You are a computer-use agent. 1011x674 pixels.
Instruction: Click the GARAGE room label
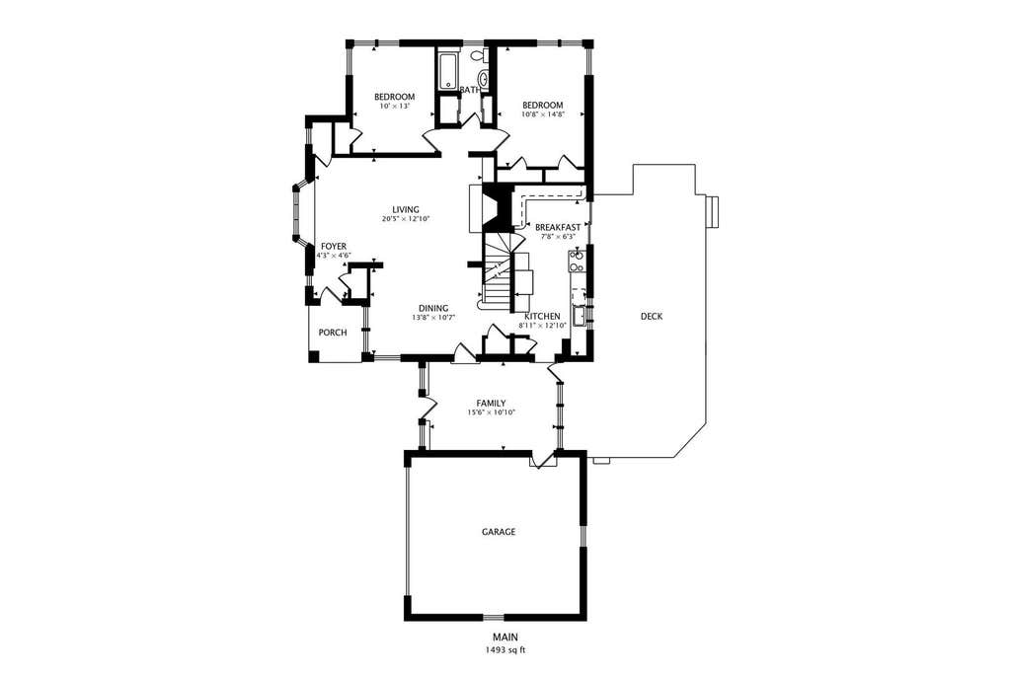pyautogui.click(x=499, y=532)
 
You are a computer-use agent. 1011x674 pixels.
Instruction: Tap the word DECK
pyautogui.click(x=652, y=317)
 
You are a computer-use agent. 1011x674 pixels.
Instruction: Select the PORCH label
pyautogui.click(x=333, y=333)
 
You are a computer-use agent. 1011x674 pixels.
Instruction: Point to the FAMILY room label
pyautogui.click(x=491, y=404)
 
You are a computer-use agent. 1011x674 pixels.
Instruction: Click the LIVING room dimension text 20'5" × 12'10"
pyautogui.click(x=406, y=218)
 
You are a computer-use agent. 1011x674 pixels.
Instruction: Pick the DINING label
pyautogui.click(x=433, y=309)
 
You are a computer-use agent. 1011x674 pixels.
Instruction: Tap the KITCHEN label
pyautogui.click(x=542, y=317)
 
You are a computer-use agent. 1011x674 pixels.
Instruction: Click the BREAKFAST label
pyautogui.click(x=558, y=227)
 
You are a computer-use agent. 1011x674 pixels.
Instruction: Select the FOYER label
pyautogui.click(x=334, y=247)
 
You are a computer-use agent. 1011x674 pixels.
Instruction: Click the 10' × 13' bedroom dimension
pyautogui.click(x=395, y=106)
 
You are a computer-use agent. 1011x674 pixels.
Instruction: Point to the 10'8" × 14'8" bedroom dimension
pyautogui.click(x=543, y=114)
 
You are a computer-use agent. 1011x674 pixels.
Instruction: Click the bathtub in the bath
pyautogui.click(x=448, y=72)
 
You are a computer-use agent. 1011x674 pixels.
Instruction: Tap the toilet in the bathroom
pyautogui.click(x=479, y=56)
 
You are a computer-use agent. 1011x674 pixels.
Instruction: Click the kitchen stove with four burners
pyautogui.click(x=577, y=261)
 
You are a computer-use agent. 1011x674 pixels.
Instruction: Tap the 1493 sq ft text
pyautogui.click(x=505, y=650)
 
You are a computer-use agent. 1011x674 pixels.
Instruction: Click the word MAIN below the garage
pyautogui.click(x=505, y=637)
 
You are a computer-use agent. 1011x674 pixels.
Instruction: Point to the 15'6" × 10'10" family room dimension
pyautogui.click(x=491, y=412)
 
